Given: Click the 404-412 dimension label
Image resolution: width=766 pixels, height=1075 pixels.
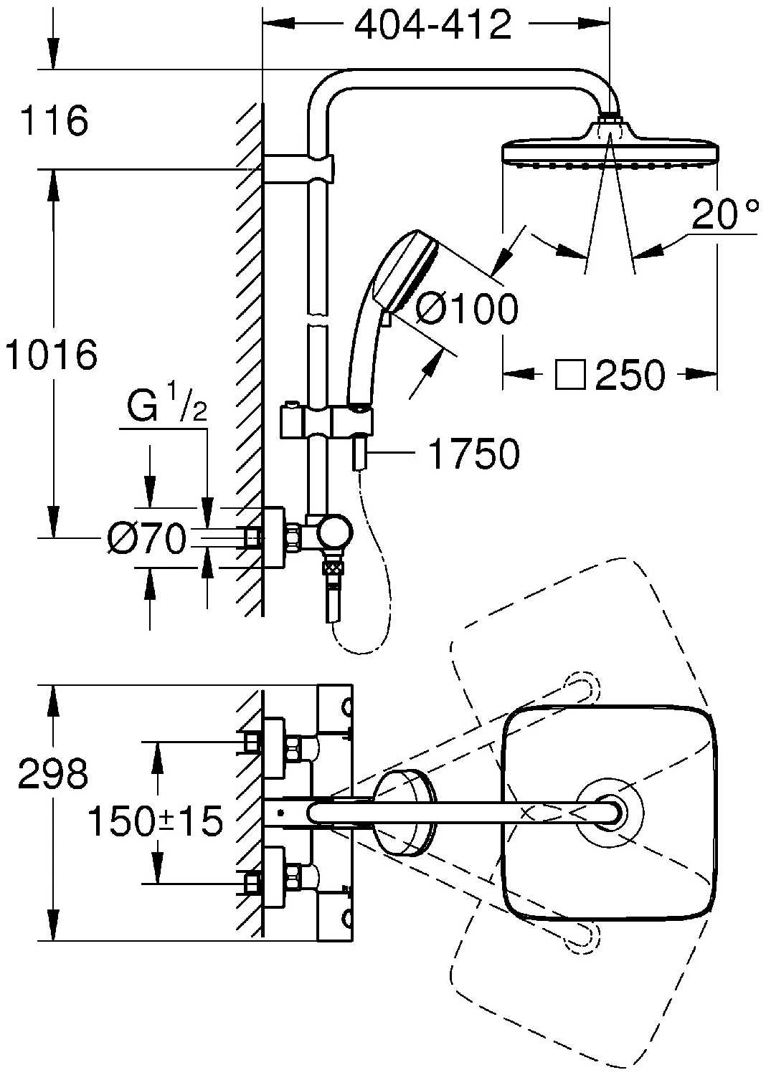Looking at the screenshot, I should tap(433, 26).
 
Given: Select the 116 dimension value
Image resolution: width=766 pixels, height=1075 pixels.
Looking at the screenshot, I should tap(54, 120).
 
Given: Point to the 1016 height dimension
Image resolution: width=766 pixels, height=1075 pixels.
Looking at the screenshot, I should tap(50, 355).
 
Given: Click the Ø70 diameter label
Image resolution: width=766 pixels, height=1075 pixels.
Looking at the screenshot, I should tap(146, 539).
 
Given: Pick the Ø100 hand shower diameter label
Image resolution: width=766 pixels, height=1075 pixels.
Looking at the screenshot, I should tap(466, 310).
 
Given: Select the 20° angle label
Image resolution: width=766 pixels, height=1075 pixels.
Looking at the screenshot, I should tap(724, 214).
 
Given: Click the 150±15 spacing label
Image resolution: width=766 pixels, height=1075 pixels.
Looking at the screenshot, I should tap(155, 821).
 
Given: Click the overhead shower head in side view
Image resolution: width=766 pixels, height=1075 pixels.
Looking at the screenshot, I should tap(610, 147).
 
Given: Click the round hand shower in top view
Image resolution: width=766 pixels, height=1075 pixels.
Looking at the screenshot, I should tap(403, 812).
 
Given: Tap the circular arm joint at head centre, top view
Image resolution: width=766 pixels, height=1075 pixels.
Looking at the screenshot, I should tap(610, 812).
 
